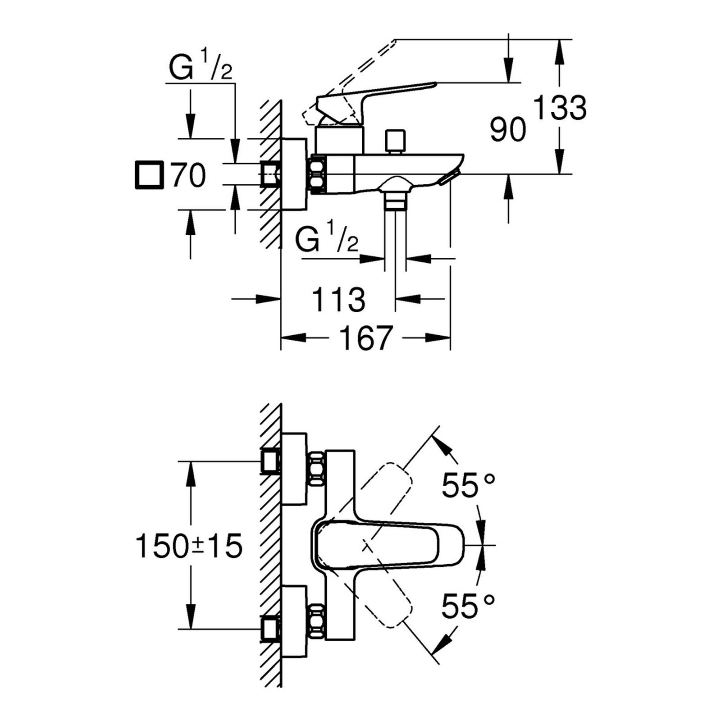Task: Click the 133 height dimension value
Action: click(560, 108)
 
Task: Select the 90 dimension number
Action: click(508, 130)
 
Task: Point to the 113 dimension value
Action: click(338, 299)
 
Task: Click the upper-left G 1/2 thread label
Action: click(201, 68)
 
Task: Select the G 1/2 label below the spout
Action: click(327, 239)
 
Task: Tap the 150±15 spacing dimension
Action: click(189, 546)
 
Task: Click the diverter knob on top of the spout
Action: click(395, 141)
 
